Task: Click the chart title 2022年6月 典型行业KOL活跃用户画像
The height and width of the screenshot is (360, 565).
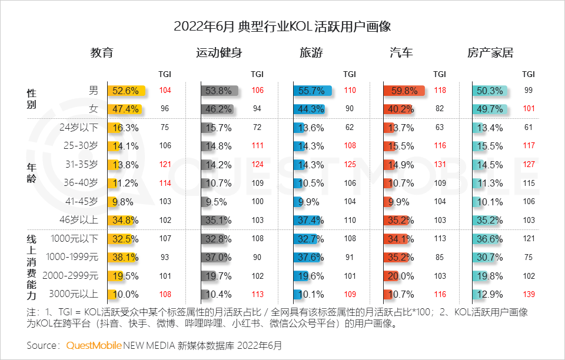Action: point(282,26)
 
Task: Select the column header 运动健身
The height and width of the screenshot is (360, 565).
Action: point(219,52)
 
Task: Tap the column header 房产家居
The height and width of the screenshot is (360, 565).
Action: point(490,52)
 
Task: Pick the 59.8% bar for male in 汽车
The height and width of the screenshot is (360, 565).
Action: point(404,91)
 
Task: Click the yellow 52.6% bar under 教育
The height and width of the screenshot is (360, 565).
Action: point(125,91)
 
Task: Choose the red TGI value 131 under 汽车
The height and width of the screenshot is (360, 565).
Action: point(440,164)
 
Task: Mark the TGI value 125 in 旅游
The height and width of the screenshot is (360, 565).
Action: point(350,164)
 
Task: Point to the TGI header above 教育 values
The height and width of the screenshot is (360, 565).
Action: point(165,74)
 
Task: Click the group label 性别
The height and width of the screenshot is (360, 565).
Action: point(32,99)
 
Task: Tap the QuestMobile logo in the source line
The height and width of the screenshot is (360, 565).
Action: point(94,345)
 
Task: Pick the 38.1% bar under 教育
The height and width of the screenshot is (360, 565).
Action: point(124,257)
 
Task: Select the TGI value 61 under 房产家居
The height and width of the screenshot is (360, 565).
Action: point(528,127)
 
